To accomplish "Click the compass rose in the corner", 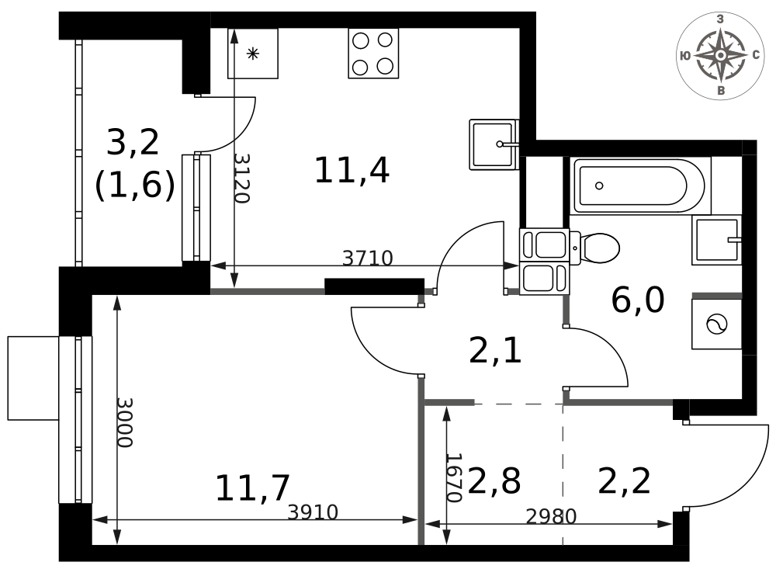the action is pyautogui.click(x=721, y=55).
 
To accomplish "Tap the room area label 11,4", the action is pyautogui.click(x=352, y=170).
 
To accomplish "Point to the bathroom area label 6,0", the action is pyautogui.click(x=637, y=300).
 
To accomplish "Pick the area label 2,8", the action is pyautogui.click(x=494, y=481).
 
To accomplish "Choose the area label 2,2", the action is pyautogui.click(x=624, y=481).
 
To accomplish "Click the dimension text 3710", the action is pyautogui.click(x=368, y=258).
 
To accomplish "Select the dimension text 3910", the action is pyautogui.click(x=313, y=512).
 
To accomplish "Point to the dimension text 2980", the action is pyautogui.click(x=551, y=517).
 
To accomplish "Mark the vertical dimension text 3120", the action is pyautogui.click(x=241, y=179).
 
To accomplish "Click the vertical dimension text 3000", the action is pyautogui.click(x=124, y=422).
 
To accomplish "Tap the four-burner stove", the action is pyautogui.click(x=374, y=53).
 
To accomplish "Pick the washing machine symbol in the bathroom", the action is pyautogui.click(x=716, y=324).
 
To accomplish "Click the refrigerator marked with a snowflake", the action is pyautogui.click(x=253, y=53).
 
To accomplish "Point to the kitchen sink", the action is pyautogui.click(x=494, y=144).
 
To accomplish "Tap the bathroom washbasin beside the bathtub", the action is pyautogui.click(x=716, y=240).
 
